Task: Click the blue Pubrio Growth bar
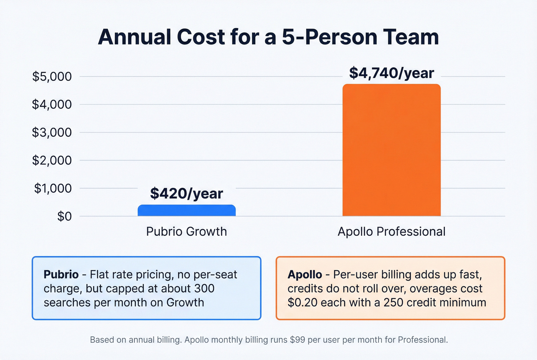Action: [186, 210]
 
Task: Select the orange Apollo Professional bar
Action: [391, 150]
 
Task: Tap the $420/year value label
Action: [186, 193]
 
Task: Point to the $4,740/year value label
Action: [391, 73]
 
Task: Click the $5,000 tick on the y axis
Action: [52, 77]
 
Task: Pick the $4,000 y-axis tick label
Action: [52, 104]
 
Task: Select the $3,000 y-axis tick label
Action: [52, 132]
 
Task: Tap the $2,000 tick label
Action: [52, 160]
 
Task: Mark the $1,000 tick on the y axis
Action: [53, 188]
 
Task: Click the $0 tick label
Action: [64, 216]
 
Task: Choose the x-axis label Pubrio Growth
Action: [186, 232]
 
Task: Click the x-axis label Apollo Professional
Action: [391, 232]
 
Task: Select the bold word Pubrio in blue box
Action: [61, 275]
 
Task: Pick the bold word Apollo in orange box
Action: [305, 275]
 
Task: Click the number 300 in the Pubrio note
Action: [204, 288]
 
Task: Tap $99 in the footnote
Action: [298, 340]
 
